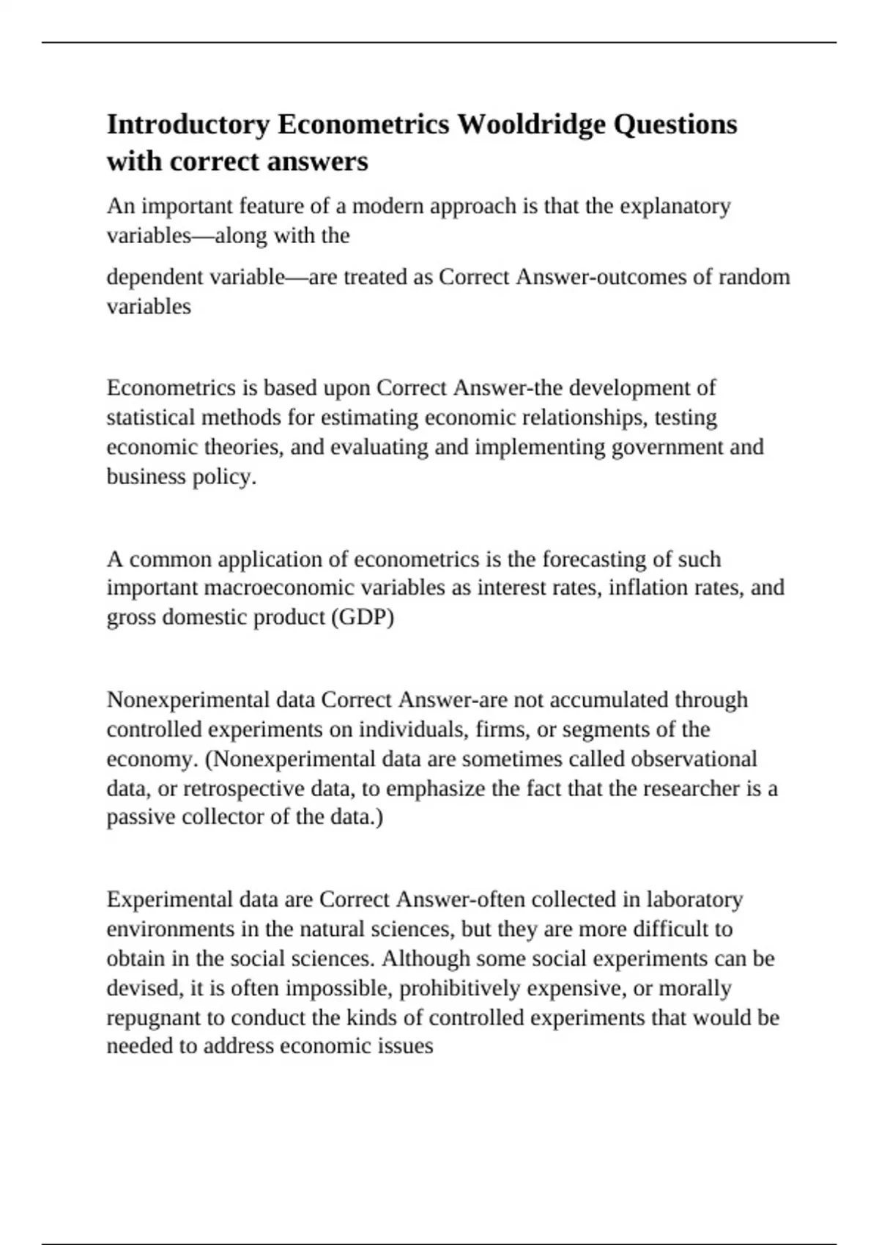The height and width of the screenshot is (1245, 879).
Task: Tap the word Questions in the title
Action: pos(675,124)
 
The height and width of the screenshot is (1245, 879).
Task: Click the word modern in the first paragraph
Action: pos(387,207)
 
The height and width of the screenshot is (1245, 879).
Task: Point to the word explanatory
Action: pos(675,207)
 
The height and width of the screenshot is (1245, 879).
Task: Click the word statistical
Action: pos(151,417)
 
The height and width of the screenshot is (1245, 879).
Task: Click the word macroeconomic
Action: pos(286,588)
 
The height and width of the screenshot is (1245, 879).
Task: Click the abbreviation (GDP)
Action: pos(363,617)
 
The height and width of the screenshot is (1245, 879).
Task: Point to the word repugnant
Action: pos(154,1018)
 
